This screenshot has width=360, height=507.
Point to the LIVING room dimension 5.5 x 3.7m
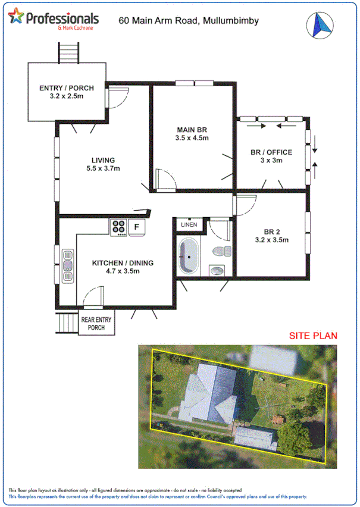pyautogui.click(x=102, y=168)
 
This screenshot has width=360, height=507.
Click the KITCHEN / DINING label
pyautogui.click(x=123, y=263)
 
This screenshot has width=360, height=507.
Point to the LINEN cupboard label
pyautogui.click(x=190, y=225)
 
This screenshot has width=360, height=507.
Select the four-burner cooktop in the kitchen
pyautogui.click(x=118, y=227)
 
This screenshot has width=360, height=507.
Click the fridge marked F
pyautogui.click(x=136, y=227)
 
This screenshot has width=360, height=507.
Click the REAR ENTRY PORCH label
pyautogui.click(x=96, y=324)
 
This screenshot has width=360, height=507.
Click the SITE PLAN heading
pyautogui.click(x=313, y=336)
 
